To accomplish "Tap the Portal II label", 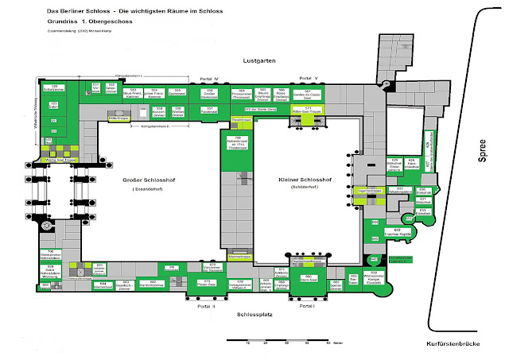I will point(209,305).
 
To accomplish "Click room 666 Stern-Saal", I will point(309,278).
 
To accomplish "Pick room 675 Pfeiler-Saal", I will point(208,282).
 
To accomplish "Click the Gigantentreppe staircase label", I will point(371,192).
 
